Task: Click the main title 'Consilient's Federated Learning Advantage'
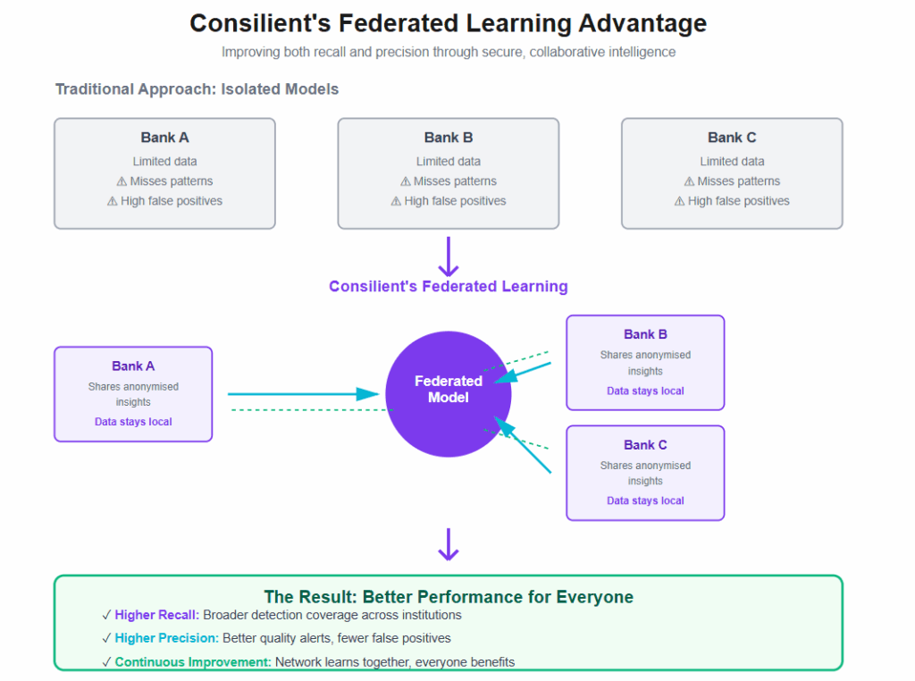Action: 448,23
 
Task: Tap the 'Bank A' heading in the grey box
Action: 164,138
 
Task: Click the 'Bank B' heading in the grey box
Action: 448,138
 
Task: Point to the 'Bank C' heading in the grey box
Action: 732,138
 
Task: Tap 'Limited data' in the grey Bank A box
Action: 164,162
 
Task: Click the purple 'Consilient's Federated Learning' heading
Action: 448,287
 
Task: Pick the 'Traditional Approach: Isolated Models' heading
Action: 197,89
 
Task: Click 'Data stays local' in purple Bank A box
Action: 133,422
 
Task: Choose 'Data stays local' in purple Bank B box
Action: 645,391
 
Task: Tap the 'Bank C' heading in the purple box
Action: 645,445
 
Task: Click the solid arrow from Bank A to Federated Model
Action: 304,394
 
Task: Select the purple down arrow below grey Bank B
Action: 449,256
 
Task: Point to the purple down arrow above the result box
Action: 449,544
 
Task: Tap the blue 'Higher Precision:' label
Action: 166,638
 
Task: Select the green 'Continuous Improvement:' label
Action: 193,662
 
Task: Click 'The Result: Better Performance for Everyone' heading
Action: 448,597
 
